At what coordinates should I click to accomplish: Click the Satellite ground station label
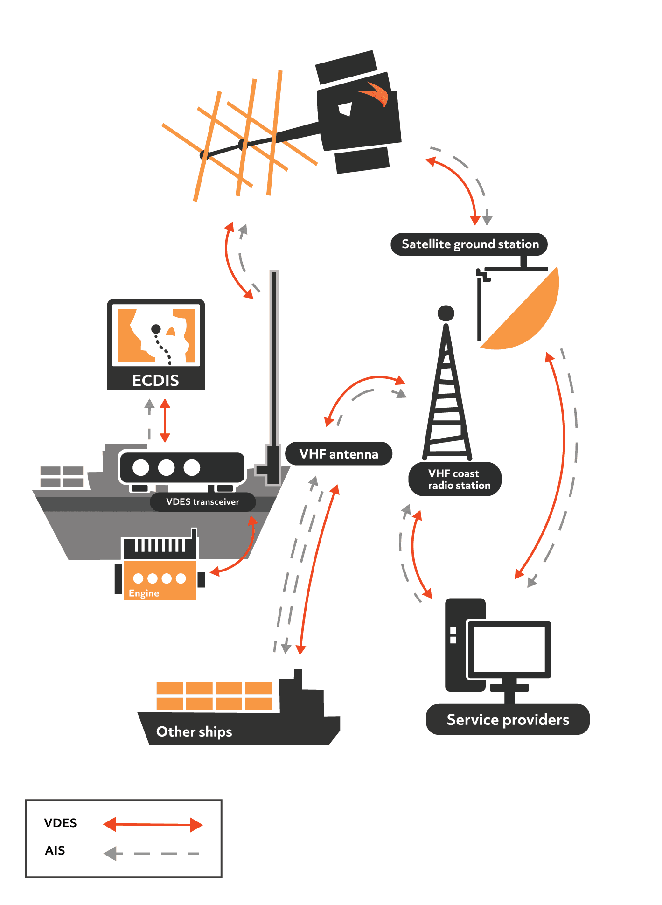[469, 244]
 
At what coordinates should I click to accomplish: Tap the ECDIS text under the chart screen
[155, 381]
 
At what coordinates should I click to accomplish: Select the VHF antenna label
[338, 454]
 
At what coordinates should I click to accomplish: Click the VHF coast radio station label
[455, 479]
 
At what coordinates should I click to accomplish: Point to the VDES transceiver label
[202, 502]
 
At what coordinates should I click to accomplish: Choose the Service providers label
[508, 720]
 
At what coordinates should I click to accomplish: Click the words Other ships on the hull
[194, 731]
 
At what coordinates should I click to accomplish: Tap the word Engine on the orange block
[144, 593]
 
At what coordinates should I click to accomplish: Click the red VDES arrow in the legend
[153, 825]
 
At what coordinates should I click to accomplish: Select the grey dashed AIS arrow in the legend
[152, 854]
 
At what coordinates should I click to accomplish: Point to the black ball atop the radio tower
[446, 313]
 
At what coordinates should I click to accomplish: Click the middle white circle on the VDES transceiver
[166, 467]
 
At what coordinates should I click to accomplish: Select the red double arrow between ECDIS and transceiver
[165, 420]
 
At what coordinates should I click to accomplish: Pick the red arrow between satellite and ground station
[460, 184]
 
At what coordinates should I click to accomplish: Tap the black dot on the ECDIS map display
[156, 329]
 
